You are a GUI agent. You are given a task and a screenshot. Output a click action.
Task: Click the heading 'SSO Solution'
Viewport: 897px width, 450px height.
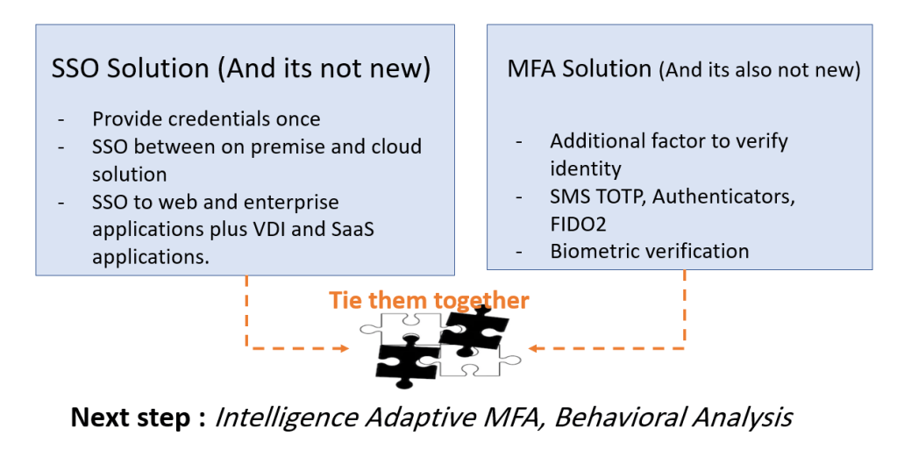(x=131, y=69)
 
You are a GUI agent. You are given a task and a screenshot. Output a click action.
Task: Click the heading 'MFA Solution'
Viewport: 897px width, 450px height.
(x=580, y=69)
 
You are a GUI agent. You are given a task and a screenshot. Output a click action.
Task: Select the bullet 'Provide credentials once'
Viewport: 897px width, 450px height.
(x=206, y=118)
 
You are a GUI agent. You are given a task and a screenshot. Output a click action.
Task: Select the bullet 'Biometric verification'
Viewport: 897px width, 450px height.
(x=649, y=251)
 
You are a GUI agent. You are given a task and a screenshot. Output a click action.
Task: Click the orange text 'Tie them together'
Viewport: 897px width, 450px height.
(x=429, y=301)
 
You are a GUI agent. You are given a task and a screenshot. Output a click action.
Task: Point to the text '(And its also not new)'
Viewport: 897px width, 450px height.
(x=758, y=70)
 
